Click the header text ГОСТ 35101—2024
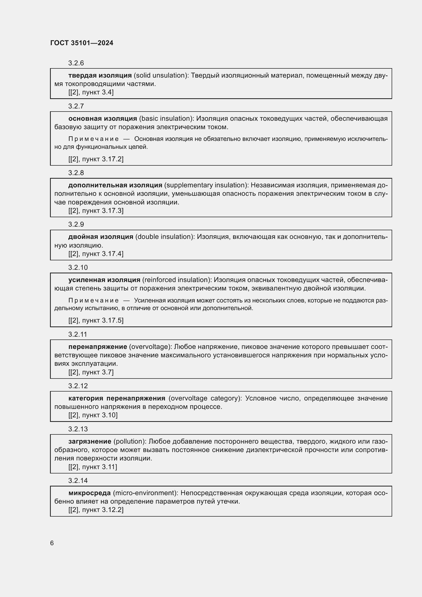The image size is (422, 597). (x=82, y=43)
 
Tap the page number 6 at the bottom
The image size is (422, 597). (x=52, y=543)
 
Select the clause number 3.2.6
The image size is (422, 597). (x=76, y=63)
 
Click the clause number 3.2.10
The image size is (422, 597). (x=78, y=267)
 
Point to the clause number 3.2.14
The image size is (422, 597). (x=78, y=481)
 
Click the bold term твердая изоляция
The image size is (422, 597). (x=100, y=75)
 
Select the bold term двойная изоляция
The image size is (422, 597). (x=101, y=237)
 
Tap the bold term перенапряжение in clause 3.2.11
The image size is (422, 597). (x=98, y=347)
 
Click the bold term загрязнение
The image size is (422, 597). (x=90, y=441)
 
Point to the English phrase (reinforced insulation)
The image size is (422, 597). (x=177, y=280)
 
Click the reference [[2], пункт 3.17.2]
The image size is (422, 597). (x=96, y=159)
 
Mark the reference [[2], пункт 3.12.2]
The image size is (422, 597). (x=96, y=509)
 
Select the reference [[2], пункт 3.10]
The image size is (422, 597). (x=93, y=415)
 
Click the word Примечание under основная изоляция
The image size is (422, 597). (x=93, y=139)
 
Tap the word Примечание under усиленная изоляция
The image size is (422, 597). (x=93, y=300)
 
